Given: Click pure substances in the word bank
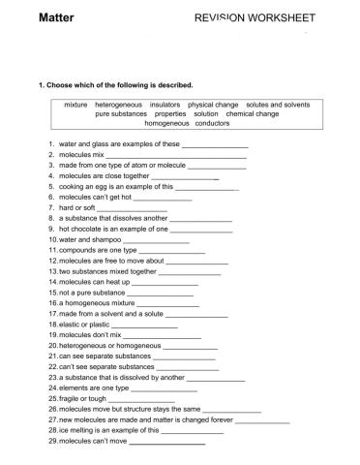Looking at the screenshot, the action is pyautogui.click(x=121, y=113).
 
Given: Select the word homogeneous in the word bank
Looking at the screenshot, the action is pyautogui.click(x=167, y=123).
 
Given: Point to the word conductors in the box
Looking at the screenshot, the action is pyautogui.click(x=213, y=123).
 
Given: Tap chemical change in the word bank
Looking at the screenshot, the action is pyautogui.click(x=253, y=113).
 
